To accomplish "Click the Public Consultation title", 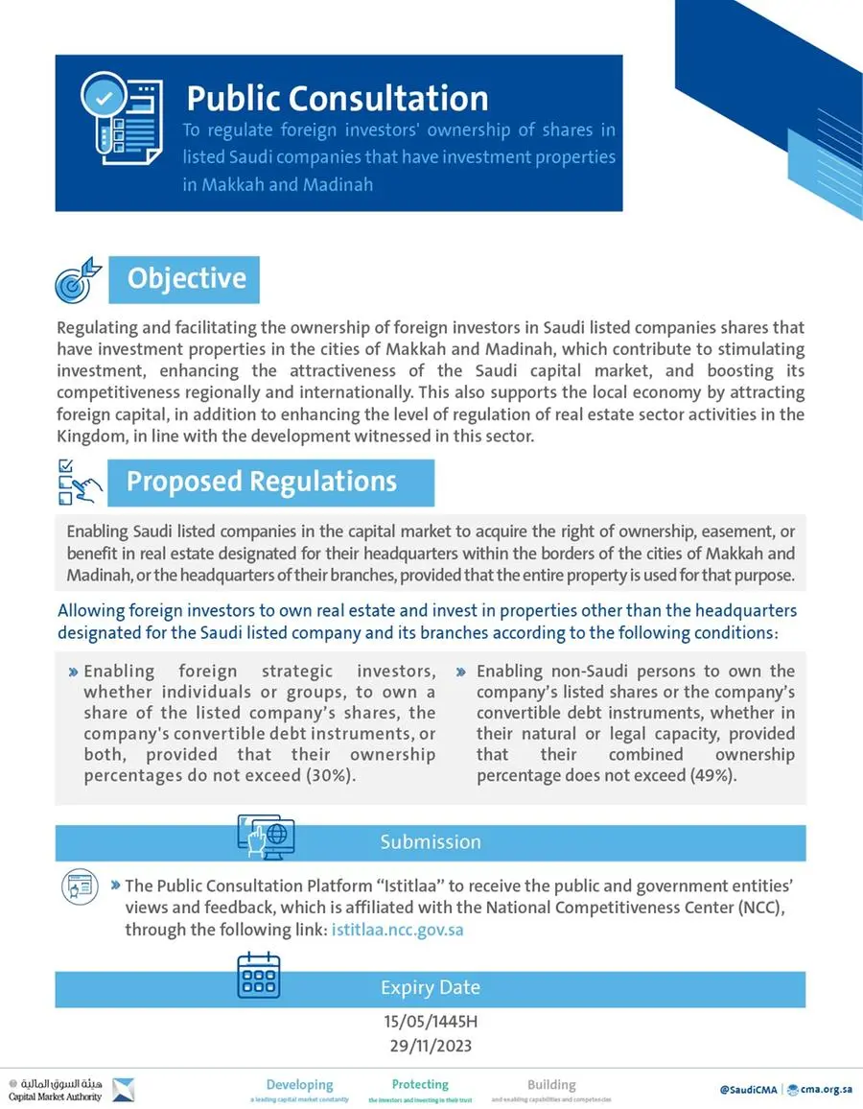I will (x=337, y=98).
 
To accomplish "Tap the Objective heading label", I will (x=187, y=278).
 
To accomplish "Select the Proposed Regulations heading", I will (x=262, y=481).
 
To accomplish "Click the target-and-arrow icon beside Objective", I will (x=78, y=278).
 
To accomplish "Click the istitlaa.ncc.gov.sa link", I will (x=397, y=930).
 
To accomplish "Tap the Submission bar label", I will (x=431, y=842).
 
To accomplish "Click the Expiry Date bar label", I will (x=431, y=987).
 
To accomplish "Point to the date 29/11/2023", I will (x=431, y=1046).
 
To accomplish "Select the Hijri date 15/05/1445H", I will (x=431, y=1023).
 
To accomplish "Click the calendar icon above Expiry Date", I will (x=258, y=976).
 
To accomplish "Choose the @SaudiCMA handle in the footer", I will (x=748, y=1090).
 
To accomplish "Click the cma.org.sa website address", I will (x=825, y=1090).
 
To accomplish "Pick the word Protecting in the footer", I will (x=420, y=1084).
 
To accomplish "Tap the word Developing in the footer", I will (x=299, y=1085).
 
